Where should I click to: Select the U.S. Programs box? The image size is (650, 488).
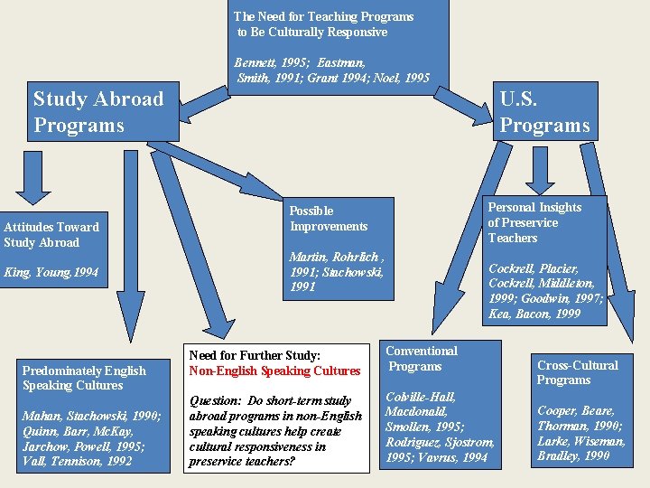[544, 112]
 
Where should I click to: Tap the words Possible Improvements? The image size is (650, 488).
[329, 219]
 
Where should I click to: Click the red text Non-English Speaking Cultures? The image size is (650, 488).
[274, 371]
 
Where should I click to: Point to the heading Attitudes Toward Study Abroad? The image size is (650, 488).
[51, 235]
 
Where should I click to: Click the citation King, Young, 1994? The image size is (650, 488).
[51, 272]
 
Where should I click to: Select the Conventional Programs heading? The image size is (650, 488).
[422, 358]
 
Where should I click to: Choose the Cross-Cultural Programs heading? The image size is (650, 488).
[577, 372]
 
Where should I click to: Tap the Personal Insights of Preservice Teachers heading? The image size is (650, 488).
[534, 222]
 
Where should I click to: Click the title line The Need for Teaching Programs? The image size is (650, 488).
[323, 16]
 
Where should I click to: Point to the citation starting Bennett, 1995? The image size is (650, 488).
[332, 70]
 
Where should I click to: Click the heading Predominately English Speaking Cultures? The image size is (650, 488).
[84, 378]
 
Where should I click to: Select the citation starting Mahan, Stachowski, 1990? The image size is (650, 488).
[91, 438]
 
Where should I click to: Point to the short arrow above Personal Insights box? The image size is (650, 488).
[540, 168]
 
